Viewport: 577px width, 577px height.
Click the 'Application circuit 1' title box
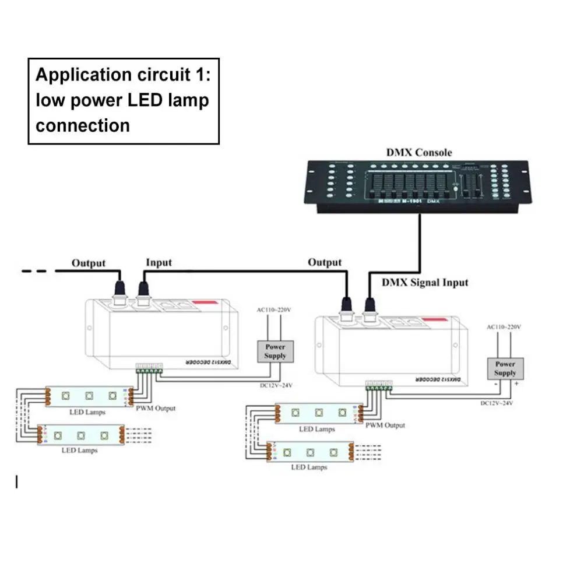124,100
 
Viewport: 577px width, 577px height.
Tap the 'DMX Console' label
418,152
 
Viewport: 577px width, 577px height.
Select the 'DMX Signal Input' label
425,283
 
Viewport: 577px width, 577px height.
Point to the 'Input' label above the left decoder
159,262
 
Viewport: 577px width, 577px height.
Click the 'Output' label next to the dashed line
89,263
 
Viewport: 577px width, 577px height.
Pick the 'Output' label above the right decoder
325,262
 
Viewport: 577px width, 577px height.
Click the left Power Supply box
275,351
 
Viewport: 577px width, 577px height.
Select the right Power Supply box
505,368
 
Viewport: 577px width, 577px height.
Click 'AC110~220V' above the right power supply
504,327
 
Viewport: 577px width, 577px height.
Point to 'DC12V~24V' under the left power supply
275,384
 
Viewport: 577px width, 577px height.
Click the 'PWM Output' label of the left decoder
155,408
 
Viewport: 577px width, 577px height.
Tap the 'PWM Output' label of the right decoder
385,425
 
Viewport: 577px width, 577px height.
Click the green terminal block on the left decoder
149,367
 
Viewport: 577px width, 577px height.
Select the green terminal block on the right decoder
379,384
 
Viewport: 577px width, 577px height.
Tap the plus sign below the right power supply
516,385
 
